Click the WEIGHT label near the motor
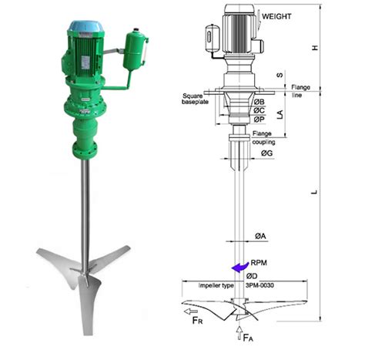(276, 16)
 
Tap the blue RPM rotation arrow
(240, 267)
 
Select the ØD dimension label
(252, 276)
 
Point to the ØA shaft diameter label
(260, 236)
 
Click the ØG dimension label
(267, 153)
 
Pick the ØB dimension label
(260, 102)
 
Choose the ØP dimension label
(260, 119)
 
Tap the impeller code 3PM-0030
(260, 285)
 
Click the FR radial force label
(197, 321)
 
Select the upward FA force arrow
(239, 333)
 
